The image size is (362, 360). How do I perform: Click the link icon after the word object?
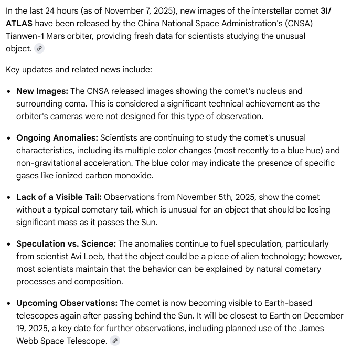pyautogui.click(x=39, y=48)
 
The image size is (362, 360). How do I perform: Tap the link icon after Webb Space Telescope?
pyautogui.click(x=115, y=341)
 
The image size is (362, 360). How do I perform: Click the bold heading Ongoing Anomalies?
pyautogui.click(x=57, y=137)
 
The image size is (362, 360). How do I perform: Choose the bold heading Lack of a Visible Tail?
pyautogui.click(x=59, y=197)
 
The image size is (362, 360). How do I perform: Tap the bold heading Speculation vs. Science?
pyautogui.click(x=66, y=243)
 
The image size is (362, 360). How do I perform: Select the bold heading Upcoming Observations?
pyautogui.click(x=67, y=303)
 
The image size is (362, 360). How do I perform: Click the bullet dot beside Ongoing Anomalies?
pyautogui.click(x=8, y=138)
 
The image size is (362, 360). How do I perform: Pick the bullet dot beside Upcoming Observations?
pyautogui.click(x=8, y=303)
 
